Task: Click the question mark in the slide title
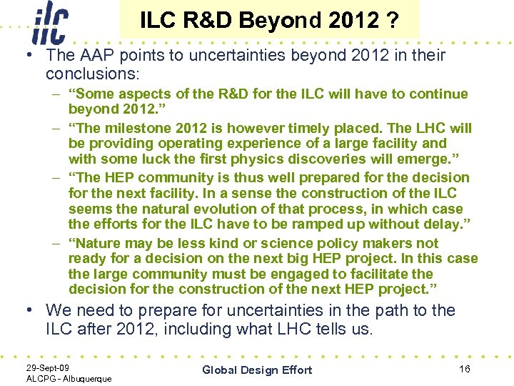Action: click(393, 21)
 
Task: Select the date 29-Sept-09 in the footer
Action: click(49, 367)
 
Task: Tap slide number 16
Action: click(465, 369)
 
